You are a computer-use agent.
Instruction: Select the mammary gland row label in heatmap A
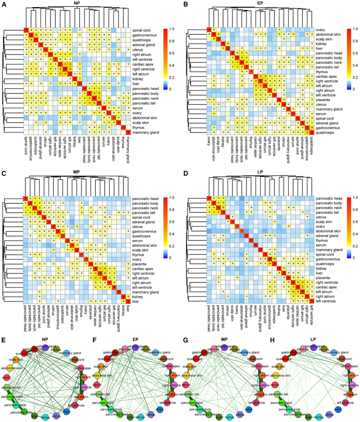[143, 132]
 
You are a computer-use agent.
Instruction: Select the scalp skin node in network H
[278, 367]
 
